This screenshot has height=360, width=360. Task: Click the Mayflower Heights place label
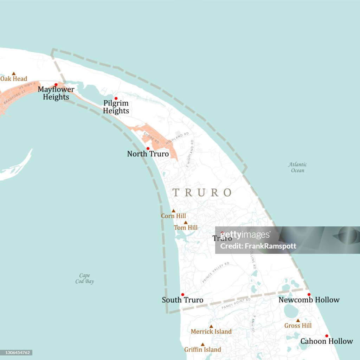56,93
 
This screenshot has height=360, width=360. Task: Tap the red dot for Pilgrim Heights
116,98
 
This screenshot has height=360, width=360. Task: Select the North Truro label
148,154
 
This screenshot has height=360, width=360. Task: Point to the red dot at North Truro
148,148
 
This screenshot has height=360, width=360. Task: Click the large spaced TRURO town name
202,193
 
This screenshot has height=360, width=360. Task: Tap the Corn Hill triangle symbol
173,211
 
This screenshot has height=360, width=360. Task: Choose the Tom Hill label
185,228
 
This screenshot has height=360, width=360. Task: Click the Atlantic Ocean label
297,167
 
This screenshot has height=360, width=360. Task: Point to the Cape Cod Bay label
84,278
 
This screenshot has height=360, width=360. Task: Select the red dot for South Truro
182,294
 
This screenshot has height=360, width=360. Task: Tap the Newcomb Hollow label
309,300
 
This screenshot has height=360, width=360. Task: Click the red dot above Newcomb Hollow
309,294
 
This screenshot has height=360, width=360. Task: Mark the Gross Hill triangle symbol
298,321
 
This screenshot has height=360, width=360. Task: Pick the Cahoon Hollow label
326,341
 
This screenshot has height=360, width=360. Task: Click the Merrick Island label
211,332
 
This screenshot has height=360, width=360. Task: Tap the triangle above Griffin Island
202,345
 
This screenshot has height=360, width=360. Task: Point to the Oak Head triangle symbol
14,73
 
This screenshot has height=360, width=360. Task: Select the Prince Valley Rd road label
216,272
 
